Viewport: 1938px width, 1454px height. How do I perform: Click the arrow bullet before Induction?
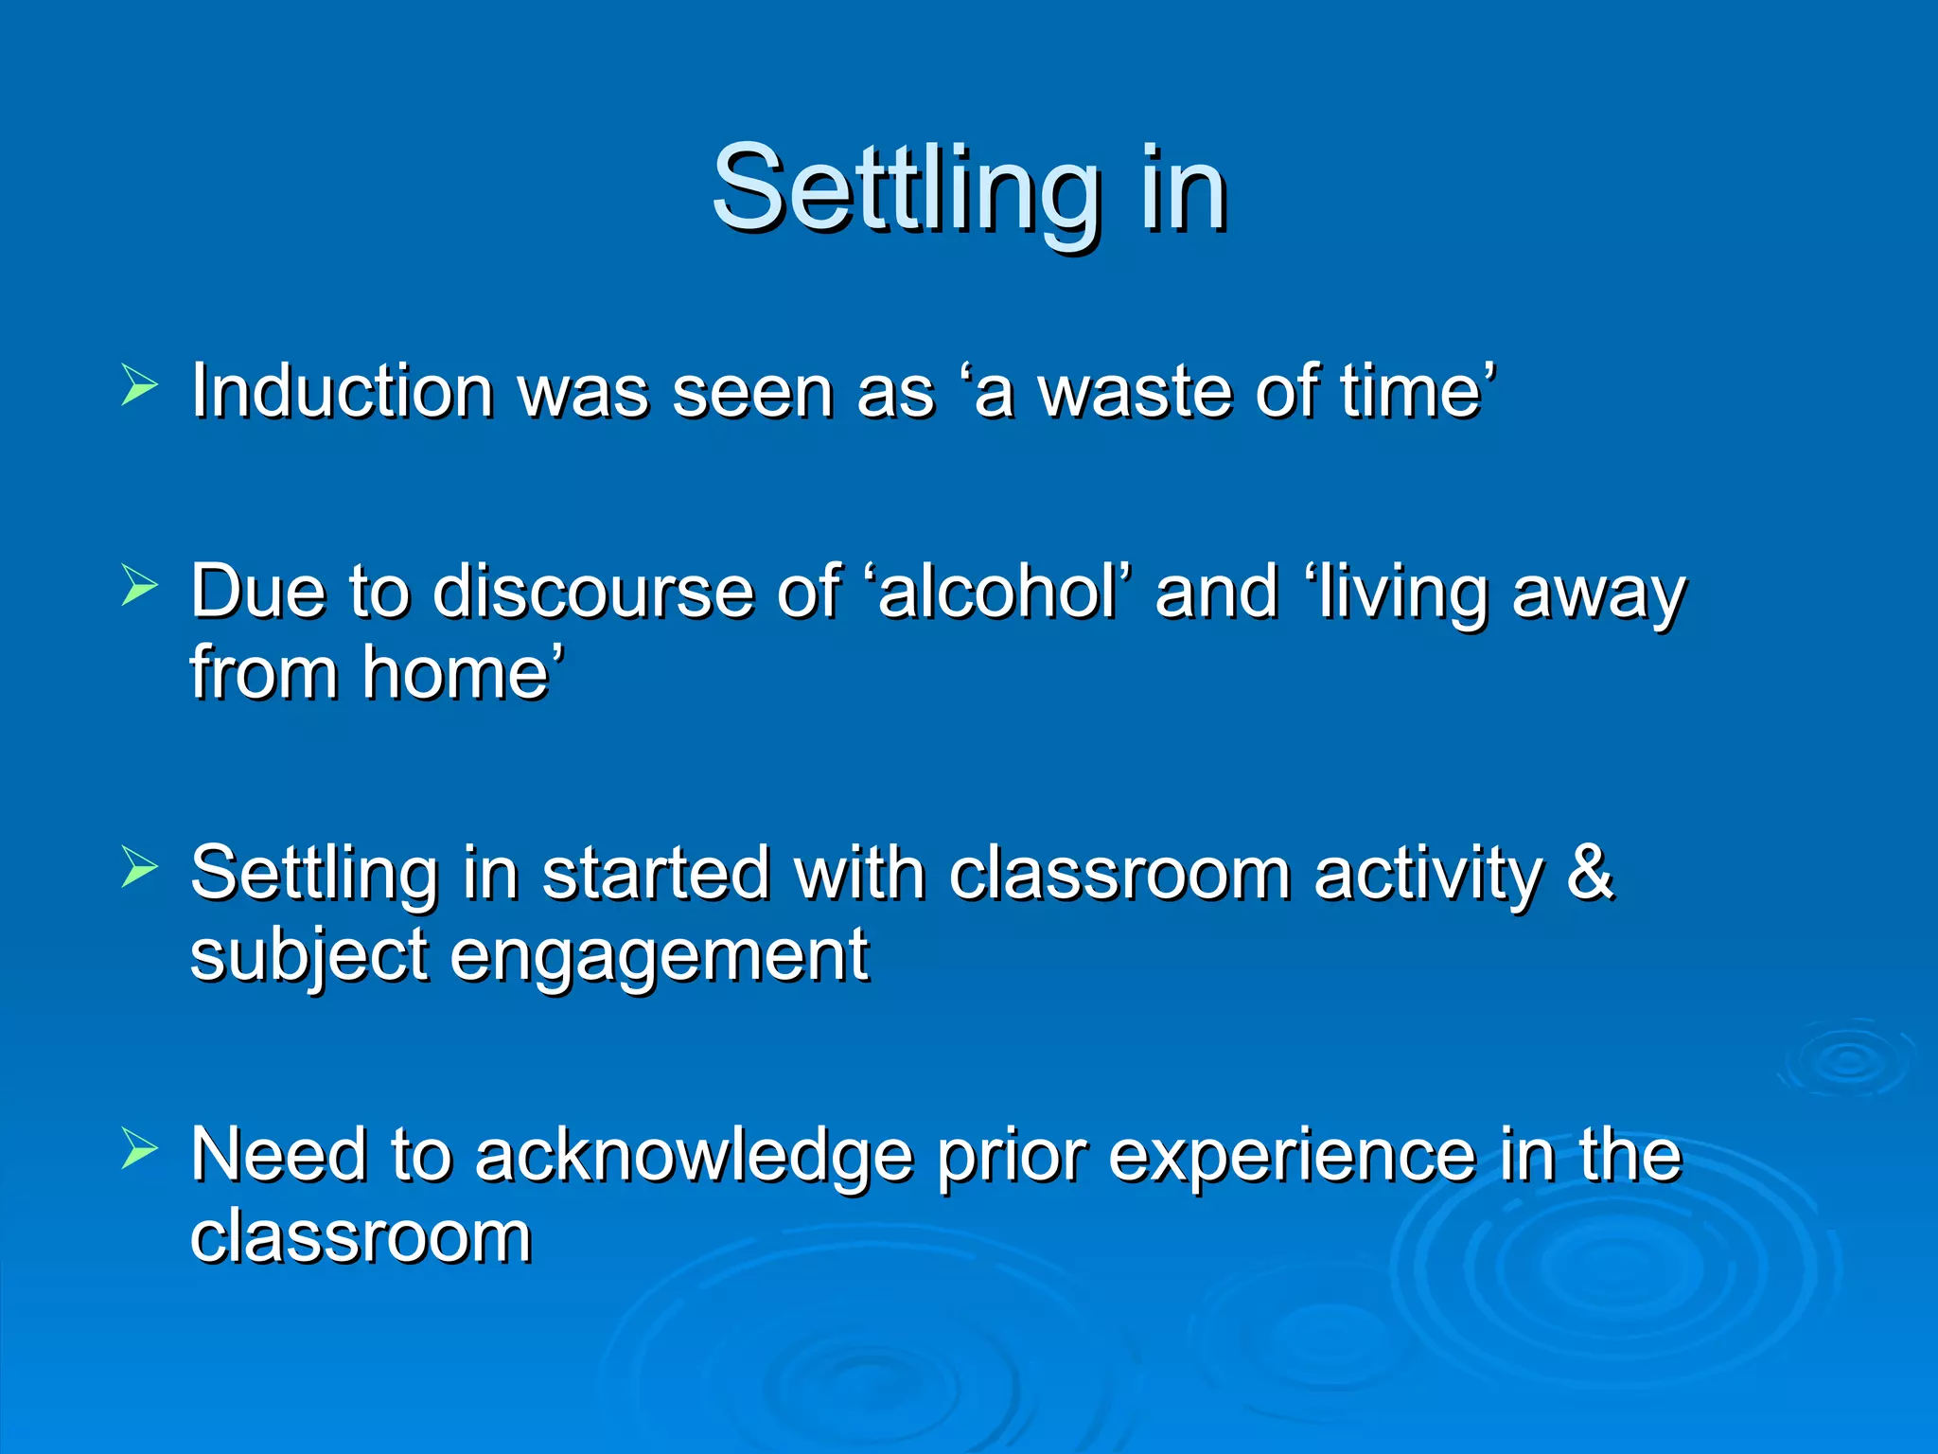[139, 386]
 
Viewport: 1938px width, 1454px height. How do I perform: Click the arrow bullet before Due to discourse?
[139, 587]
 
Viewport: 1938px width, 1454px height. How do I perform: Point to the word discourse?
[592, 593]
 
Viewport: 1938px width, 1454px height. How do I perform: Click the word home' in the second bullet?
[463, 673]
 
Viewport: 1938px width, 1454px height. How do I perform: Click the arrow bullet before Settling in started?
[139, 868]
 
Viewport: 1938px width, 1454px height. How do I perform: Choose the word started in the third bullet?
[656, 873]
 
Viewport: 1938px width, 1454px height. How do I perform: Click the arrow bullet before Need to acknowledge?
[139, 1150]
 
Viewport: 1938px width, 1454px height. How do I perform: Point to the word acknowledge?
[694, 1157]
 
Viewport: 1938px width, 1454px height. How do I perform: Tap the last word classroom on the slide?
[361, 1236]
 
